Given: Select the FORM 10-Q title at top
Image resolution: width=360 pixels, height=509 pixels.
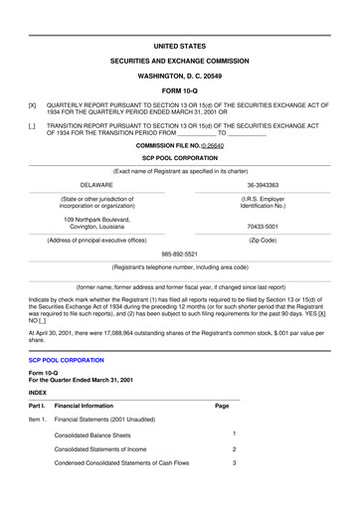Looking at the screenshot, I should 179,89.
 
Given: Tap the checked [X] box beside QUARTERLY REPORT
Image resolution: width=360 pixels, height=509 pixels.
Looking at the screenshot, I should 33,103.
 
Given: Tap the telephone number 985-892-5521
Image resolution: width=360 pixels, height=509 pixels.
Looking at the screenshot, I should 179,253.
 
